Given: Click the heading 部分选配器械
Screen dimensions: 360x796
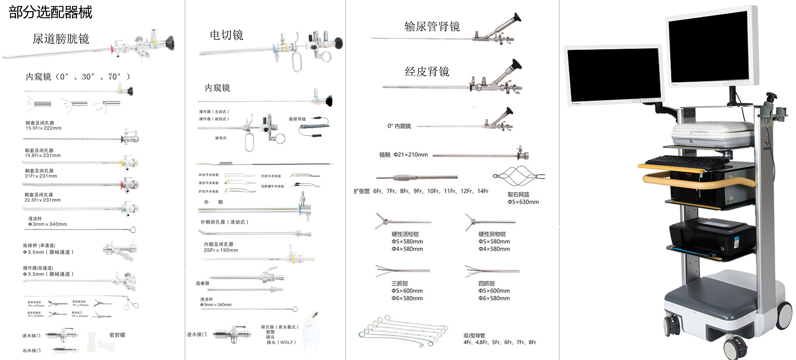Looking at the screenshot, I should [50, 12].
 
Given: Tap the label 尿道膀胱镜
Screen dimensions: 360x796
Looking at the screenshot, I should [60, 39].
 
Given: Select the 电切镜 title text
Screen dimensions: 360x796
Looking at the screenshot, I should [226, 35].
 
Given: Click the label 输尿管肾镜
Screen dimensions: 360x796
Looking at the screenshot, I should [432, 27].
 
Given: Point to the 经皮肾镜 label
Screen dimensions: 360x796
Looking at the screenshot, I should [427, 72].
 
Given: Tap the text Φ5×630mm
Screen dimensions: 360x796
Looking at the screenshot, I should [523, 202].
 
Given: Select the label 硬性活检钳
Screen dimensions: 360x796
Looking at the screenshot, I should [405, 234].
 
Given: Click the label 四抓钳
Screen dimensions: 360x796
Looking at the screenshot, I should [486, 284].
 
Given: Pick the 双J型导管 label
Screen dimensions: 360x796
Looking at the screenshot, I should [474, 335].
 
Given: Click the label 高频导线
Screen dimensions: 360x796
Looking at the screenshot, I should [297, 119].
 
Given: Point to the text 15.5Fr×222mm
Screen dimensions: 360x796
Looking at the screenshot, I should [44, 128].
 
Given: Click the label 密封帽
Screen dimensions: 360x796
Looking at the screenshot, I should [117, 335].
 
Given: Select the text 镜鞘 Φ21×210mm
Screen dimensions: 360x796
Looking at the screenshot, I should [403, 155].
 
